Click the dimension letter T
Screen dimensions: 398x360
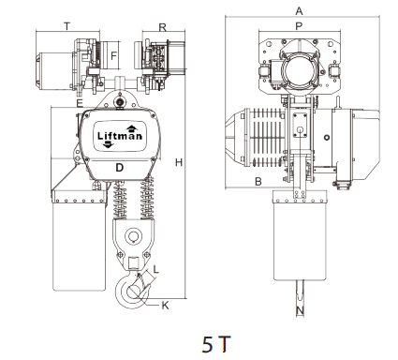click(66, 26)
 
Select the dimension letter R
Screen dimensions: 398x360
click(163, 27)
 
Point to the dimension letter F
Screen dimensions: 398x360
click(113, 56)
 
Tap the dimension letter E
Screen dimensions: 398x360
click(80, 103)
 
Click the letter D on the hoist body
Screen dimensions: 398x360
click(120, 168)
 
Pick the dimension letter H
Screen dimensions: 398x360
click(179, 162)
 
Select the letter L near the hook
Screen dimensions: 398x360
click(156, 269)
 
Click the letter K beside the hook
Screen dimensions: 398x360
click(165, 306)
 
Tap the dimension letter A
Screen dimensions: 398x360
click(299, 11)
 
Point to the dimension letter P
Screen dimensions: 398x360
click(299, 26)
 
